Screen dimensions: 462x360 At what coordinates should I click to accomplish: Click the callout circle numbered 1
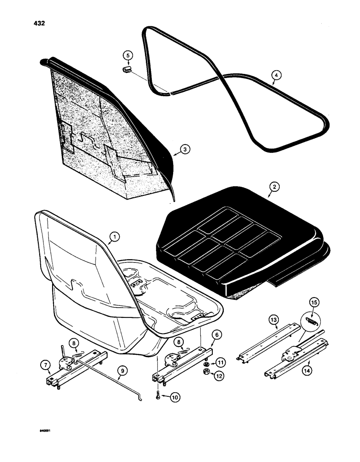click(114, 239)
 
